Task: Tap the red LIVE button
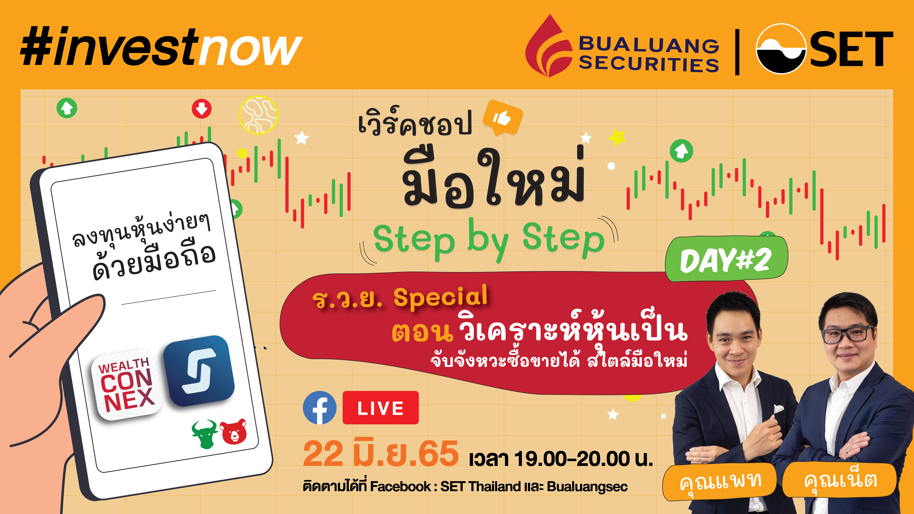380,408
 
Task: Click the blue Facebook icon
320,408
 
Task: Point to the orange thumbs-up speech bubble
502,118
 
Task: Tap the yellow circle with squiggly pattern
258,115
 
